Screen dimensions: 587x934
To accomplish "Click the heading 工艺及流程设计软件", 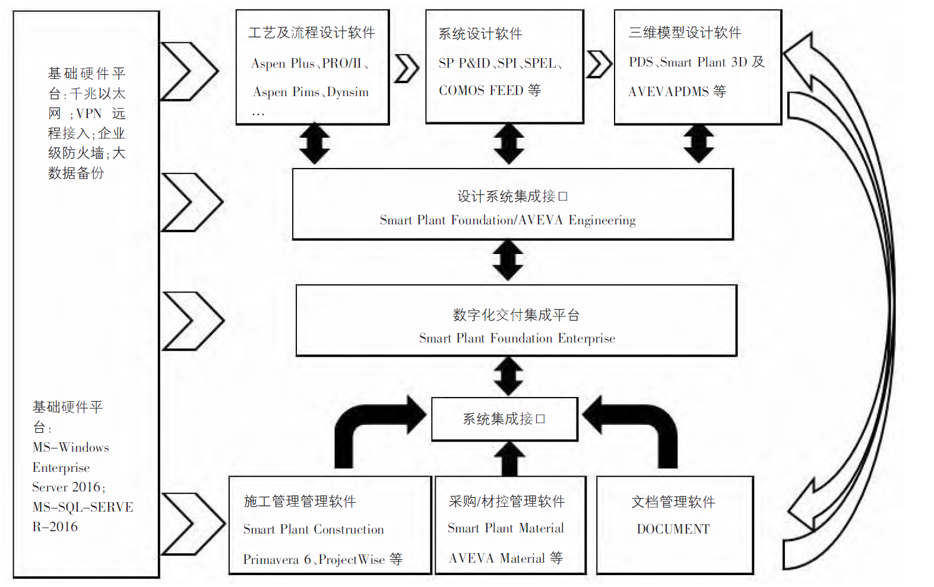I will pos(312,33).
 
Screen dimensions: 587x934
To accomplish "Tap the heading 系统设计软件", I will pos(480,34).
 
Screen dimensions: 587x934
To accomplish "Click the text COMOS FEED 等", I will pos(490,90).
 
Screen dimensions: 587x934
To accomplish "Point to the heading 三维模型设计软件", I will pos(685,33).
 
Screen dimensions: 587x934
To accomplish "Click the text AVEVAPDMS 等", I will pos(677,91).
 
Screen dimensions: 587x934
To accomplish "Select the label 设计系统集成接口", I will pos(512,196).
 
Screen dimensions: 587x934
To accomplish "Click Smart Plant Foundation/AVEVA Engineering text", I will pos(508,220).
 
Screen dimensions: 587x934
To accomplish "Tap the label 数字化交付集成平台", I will pos(516,315).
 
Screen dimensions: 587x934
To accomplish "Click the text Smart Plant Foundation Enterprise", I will pos(517,338).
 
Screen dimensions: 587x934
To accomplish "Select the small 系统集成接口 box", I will pos(504,419).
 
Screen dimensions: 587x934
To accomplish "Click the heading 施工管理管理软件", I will pos(300,502).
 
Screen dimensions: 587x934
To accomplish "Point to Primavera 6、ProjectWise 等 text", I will pos(322,559).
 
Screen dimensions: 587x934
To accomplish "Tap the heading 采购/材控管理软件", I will pos(506,502).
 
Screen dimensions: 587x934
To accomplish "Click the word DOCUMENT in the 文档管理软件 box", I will pos(673,529).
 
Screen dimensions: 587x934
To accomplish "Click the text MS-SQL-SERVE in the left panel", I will pos(83,507).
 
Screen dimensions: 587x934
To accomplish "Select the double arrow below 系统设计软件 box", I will pos(509,144).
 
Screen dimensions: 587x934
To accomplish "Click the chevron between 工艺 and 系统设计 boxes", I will pos(407,68).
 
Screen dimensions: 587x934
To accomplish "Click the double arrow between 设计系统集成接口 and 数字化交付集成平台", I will pos(508,260).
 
